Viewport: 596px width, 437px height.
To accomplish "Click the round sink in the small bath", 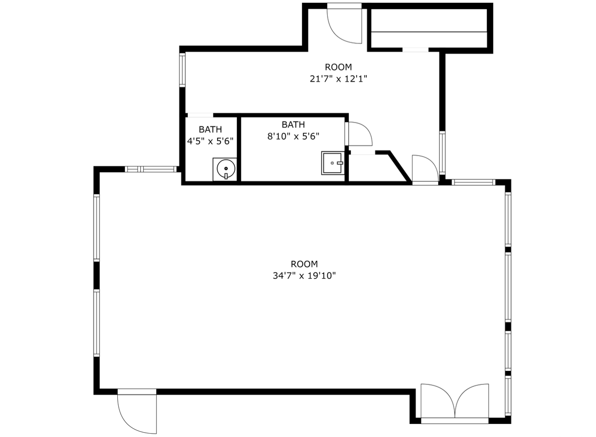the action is click(226, 169).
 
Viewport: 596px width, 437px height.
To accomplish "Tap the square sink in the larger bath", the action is click(332, 163).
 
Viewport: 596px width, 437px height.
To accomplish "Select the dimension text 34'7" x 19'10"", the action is click(304, 276).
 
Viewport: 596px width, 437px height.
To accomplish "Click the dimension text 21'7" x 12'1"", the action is click(338, 79).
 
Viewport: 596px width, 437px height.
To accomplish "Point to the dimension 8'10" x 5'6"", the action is click(293, 136).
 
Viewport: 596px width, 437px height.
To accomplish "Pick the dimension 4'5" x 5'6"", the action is click(210, 141).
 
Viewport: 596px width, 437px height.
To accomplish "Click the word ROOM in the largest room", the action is click(304, 264).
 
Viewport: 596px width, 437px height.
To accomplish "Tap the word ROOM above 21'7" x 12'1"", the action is click(338, 67).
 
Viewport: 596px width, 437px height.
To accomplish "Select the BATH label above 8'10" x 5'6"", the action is click(293, 125).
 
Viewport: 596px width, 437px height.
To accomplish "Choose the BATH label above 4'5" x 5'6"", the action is click(210, 129).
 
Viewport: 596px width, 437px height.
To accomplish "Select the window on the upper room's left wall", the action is click(182, 70).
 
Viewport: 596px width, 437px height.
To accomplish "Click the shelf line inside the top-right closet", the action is click(429, 32).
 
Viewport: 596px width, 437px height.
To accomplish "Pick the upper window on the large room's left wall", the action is click(97, 228).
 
